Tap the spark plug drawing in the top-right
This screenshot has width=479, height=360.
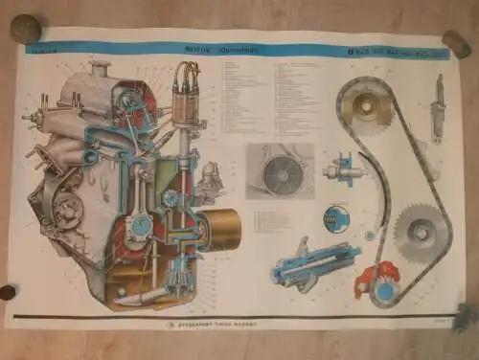click(437, 104)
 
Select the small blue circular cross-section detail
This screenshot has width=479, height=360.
click(335, 217)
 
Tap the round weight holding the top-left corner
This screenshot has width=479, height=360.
click(25, 29)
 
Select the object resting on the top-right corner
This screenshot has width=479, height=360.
click(456, 42)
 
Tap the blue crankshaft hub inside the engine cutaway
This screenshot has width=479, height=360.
click(141, 226)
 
